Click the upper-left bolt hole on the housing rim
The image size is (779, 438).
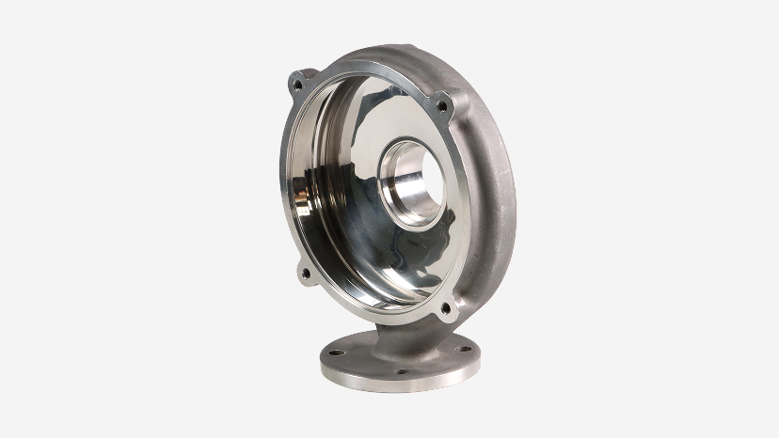[298, 84]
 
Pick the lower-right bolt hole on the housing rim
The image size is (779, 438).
[445, 306]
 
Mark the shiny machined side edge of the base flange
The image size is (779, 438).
[395, 381]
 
